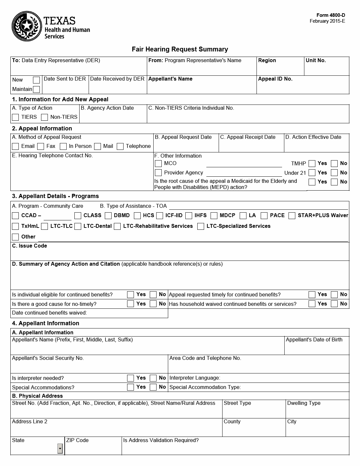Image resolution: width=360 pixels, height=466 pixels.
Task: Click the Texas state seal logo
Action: point(27,26)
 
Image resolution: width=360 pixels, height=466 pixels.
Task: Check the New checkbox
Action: point(37,80)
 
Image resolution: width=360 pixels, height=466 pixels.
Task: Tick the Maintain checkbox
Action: point(37,89)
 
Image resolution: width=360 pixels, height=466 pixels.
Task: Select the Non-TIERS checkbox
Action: point(45,117)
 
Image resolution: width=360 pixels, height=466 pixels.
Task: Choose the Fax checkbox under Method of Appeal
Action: point(41,146)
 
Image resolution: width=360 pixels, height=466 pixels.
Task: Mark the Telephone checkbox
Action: point(120,146)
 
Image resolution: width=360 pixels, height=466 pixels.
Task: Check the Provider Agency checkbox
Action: point(158,173)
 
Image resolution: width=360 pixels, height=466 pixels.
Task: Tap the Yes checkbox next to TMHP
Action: point(312,163)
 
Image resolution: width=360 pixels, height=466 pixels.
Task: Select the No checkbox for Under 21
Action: point(334,173)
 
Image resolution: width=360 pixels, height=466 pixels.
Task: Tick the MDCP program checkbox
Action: point(214,216)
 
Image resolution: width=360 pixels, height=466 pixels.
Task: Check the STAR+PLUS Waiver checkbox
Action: point(292,216)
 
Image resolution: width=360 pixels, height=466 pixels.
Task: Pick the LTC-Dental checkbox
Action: point(78,226)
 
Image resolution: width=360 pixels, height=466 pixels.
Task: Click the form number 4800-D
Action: point(331,15)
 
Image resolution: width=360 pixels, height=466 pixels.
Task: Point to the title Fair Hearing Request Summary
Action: point(180,49)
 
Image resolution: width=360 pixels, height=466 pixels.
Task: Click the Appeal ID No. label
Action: point(275,79)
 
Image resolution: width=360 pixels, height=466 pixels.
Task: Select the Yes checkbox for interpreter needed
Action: point(130,378)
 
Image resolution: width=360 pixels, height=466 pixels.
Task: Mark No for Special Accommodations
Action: point(153,387)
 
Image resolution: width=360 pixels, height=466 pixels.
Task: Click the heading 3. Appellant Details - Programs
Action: point(55,196)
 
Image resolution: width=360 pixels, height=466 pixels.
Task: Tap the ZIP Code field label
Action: point(77,440)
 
